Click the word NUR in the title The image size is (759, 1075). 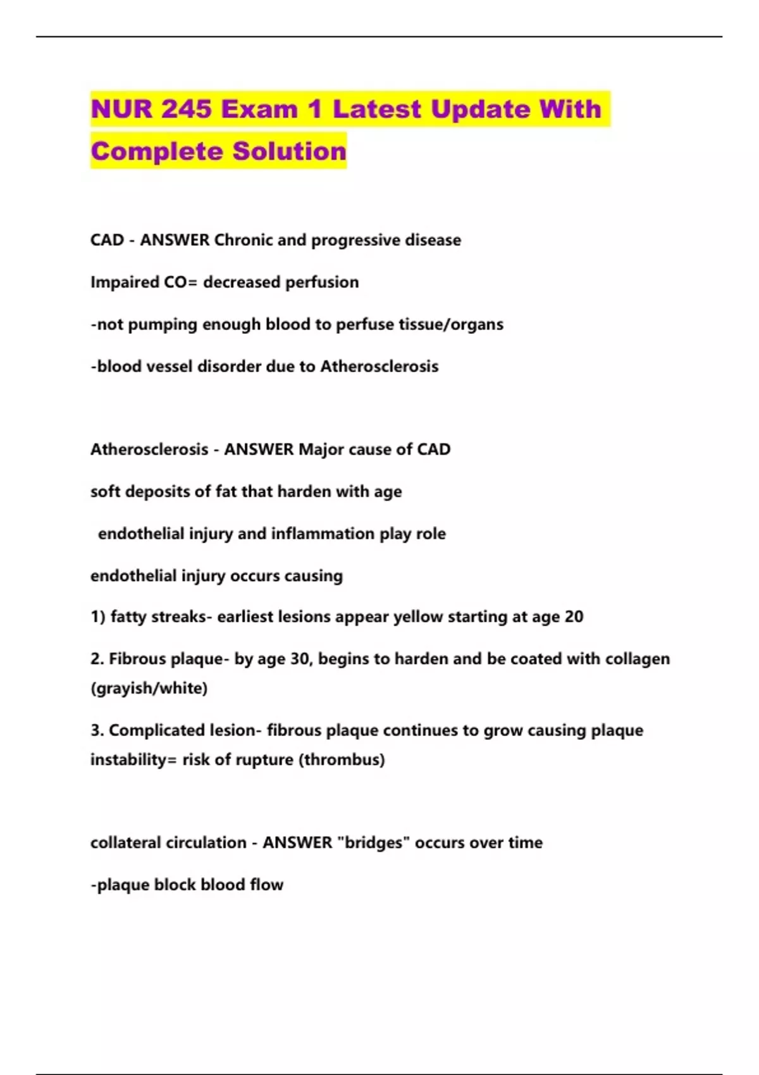click(x=121, y=109)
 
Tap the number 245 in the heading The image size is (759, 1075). click(x=187, y=109)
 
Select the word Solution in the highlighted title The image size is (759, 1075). click(x=289, y=151)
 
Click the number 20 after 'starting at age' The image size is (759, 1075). click(x=574, y=617)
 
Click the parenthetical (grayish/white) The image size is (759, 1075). click(x=149, y=688)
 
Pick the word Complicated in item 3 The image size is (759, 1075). click(x=149, y=730)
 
